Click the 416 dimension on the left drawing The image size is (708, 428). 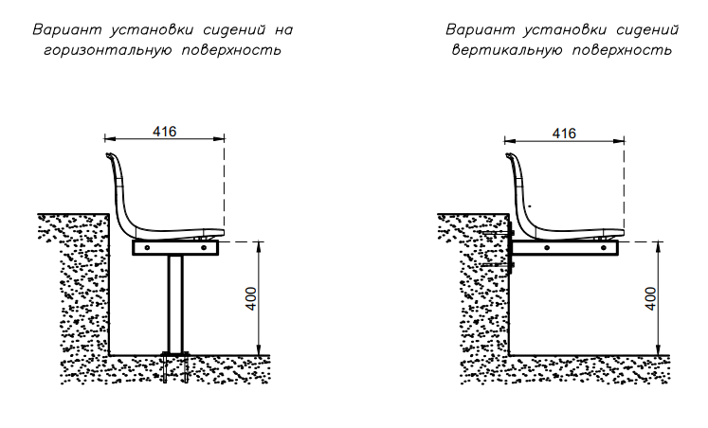pos(164,132)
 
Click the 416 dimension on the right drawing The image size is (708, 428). pos(564,134)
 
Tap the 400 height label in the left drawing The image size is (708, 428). pos(251,298)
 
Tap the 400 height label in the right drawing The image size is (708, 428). pos(650,298)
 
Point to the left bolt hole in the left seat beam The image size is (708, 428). pos(147,247)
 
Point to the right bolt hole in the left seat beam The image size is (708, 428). pos(204,247)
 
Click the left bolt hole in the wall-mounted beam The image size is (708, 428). pos(547,247)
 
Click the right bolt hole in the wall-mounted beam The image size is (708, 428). pos(604,247)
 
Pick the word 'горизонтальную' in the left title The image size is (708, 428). pos(108,50)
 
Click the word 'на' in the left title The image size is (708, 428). pos(283,30)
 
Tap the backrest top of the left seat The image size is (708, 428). pos(109,155)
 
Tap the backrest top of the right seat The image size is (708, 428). pos(509,155)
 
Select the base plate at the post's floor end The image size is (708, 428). pos(175,353)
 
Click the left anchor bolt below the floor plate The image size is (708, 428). pos(165,369)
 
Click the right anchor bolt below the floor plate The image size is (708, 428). pos(186,369)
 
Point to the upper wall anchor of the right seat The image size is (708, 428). pos(498,233)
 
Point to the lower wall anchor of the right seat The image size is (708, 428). pos(498,265)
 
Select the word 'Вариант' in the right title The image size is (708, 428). pos(481,29)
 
